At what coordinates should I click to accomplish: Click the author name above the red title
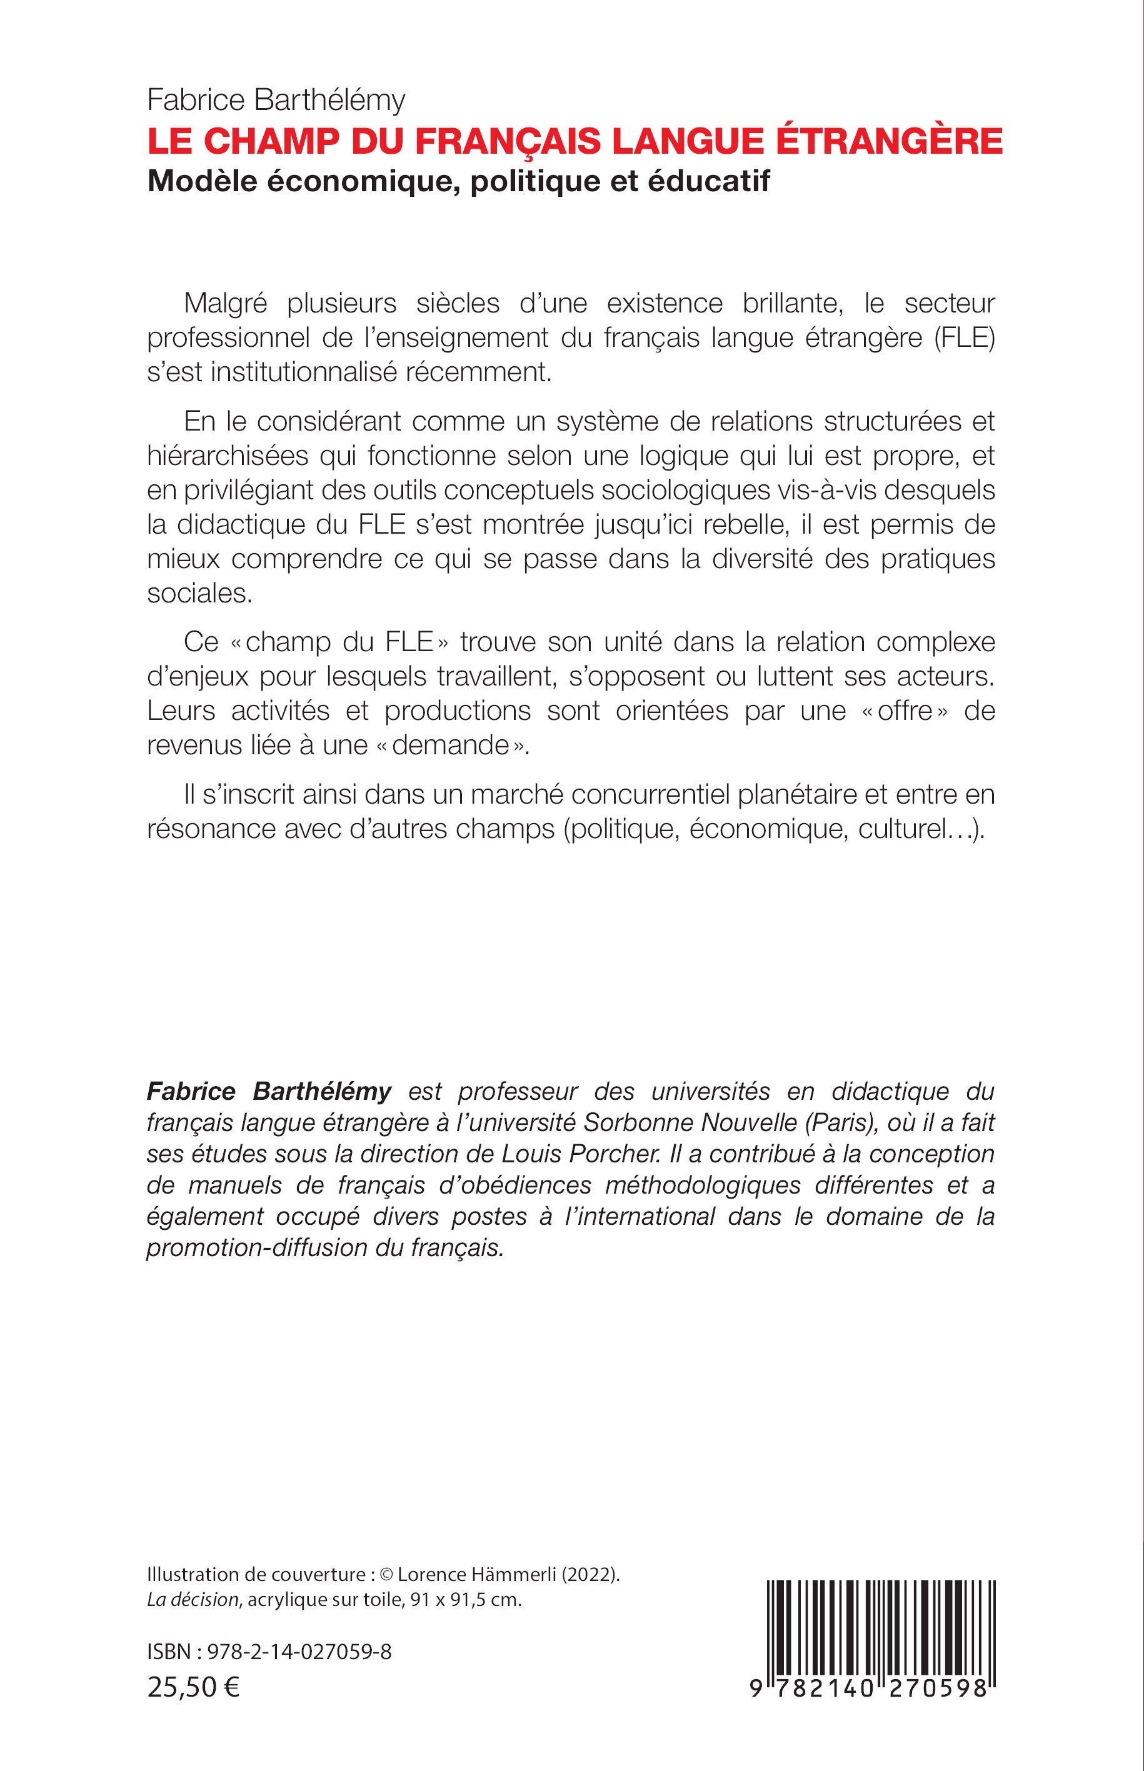276,99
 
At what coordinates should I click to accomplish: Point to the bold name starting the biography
269,1092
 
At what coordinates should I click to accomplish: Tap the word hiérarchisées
228,455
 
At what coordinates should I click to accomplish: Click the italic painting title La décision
193,1600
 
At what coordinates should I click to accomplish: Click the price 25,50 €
194,1688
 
